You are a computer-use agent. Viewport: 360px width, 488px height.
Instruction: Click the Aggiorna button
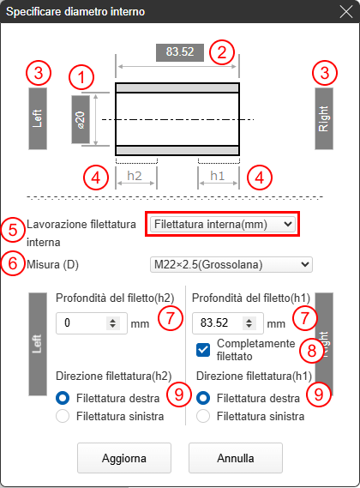124,458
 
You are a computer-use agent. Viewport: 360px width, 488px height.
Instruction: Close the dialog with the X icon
345,12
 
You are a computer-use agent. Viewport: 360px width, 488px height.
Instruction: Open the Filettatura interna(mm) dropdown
223,224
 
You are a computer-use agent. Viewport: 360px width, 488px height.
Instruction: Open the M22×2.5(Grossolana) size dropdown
231,264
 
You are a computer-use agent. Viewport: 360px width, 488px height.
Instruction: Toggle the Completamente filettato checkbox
203,350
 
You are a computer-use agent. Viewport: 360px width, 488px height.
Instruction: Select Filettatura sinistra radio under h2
63,416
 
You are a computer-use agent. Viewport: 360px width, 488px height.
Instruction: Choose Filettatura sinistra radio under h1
203,416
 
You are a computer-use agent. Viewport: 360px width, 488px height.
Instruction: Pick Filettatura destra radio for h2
63,398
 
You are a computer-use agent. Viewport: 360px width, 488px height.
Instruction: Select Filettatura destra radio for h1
203,398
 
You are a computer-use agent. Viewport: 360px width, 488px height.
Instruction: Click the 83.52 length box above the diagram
180,52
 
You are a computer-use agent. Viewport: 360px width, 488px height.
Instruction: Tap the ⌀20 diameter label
81,119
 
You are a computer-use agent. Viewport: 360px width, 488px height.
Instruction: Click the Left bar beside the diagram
38,118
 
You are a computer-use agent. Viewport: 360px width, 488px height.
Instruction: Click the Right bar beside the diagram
324,118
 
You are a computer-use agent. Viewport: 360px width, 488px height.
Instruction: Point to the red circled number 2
221,52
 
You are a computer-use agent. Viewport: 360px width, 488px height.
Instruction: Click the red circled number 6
13,263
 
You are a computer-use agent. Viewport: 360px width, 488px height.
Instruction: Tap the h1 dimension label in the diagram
217,176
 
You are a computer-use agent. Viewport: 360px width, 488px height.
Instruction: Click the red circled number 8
311,351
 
